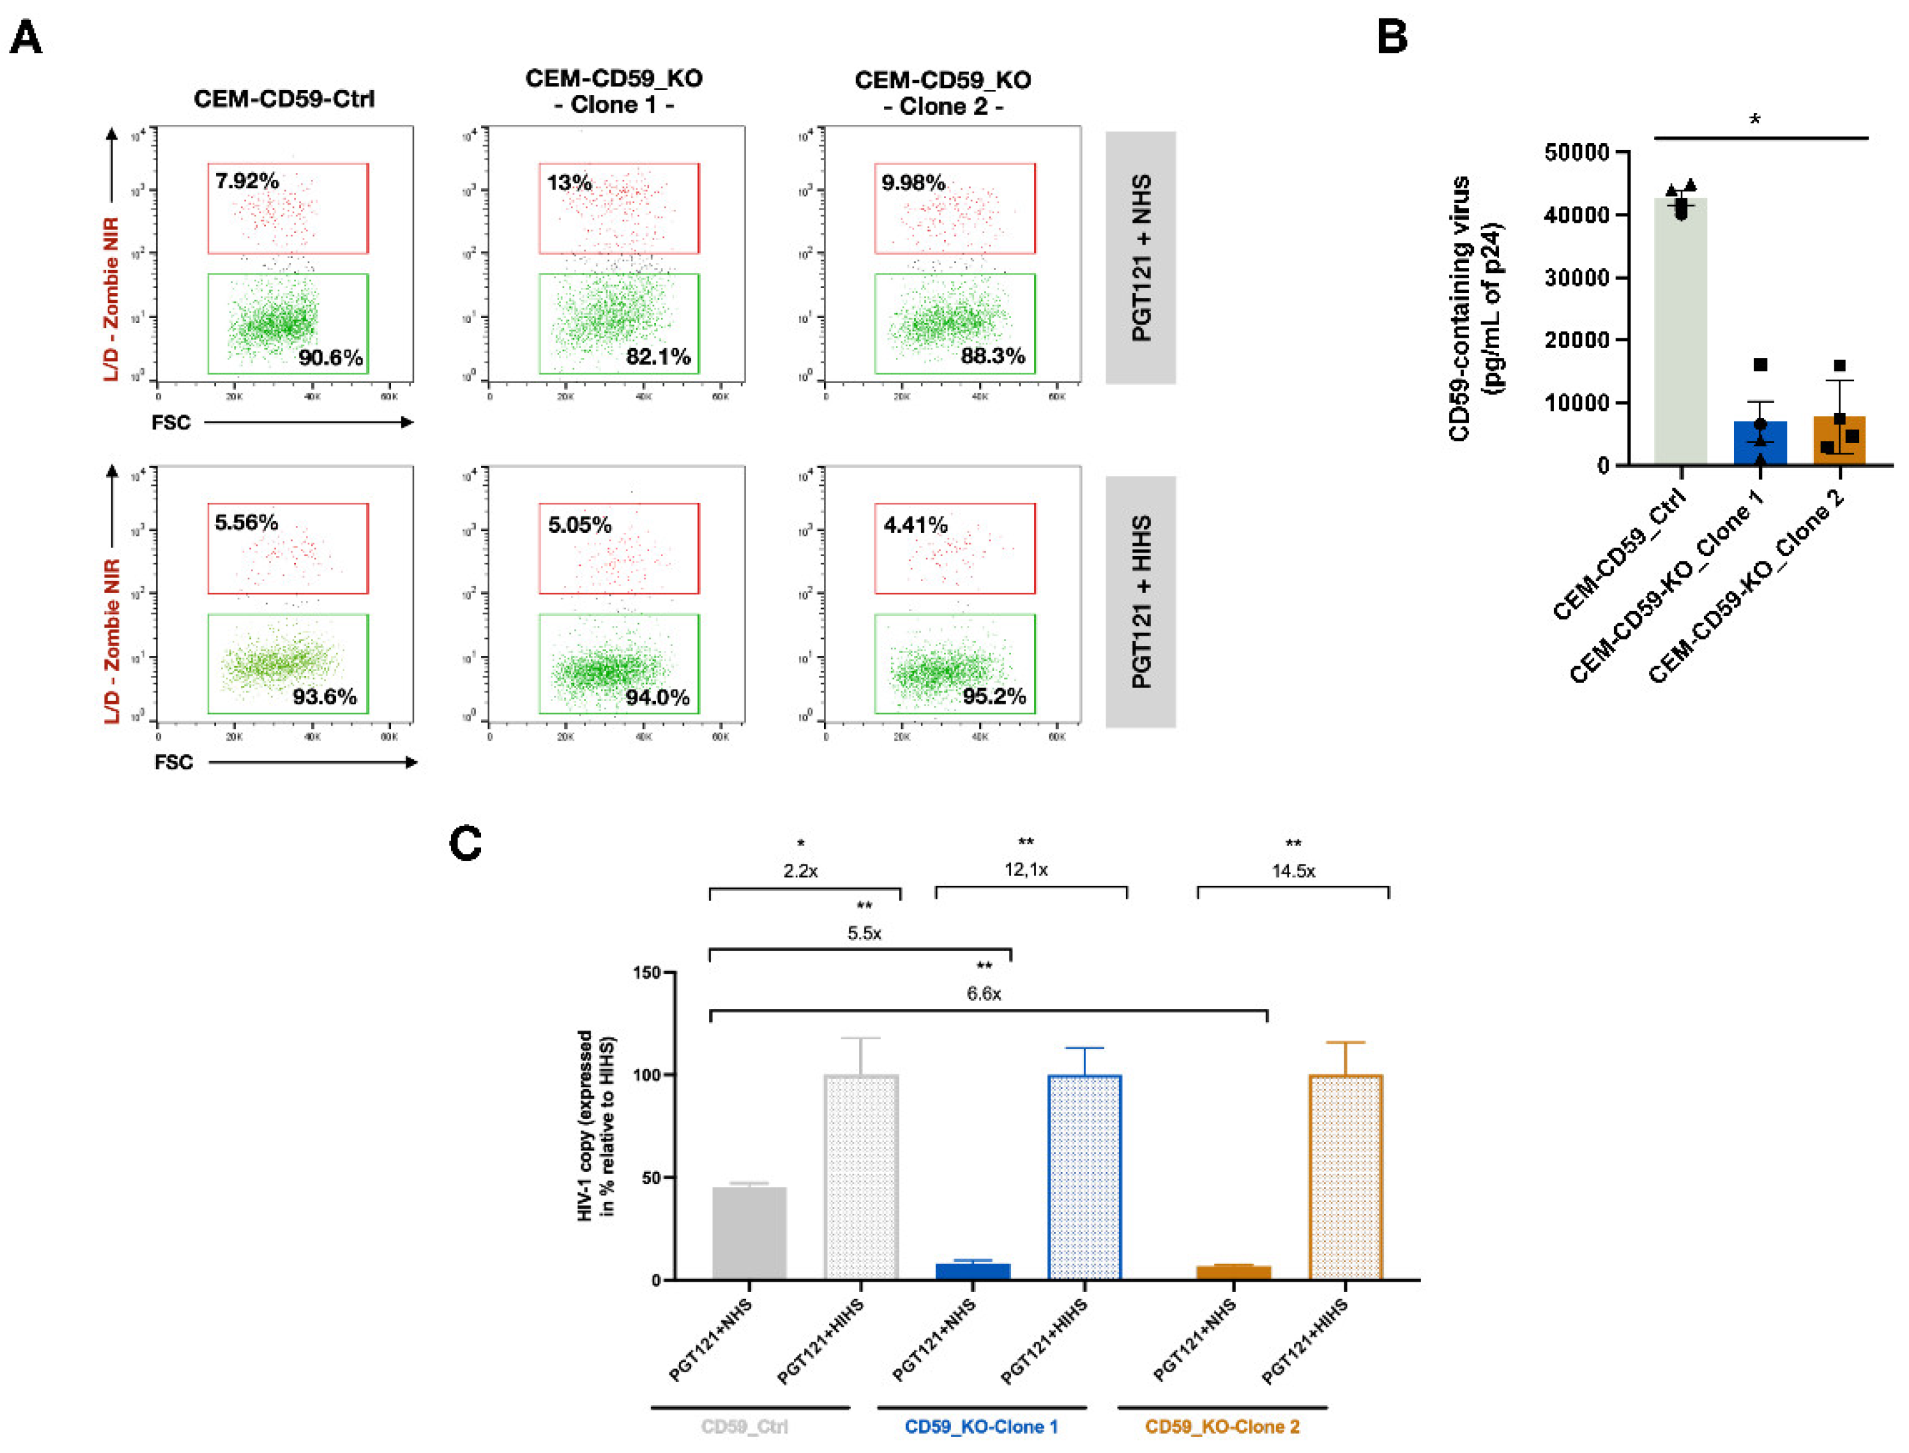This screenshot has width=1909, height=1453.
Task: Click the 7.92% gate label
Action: (x=247, y=180)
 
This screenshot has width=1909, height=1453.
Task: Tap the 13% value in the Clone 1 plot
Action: (x=568, y=182)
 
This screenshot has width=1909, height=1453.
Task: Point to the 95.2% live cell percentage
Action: (x=993, y=696)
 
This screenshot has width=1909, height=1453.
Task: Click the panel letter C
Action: (x=466, y=842)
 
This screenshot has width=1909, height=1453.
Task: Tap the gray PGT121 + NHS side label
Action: (x=1139, y=257)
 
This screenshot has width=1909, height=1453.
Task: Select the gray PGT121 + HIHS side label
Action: (x=1139, y=601)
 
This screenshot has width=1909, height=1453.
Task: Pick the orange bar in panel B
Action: (x=1838, y=440)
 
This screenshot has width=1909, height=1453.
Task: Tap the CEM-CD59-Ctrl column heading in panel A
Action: (x=284, y=98)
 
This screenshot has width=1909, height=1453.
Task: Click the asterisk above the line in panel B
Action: (x=1754, y=119)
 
